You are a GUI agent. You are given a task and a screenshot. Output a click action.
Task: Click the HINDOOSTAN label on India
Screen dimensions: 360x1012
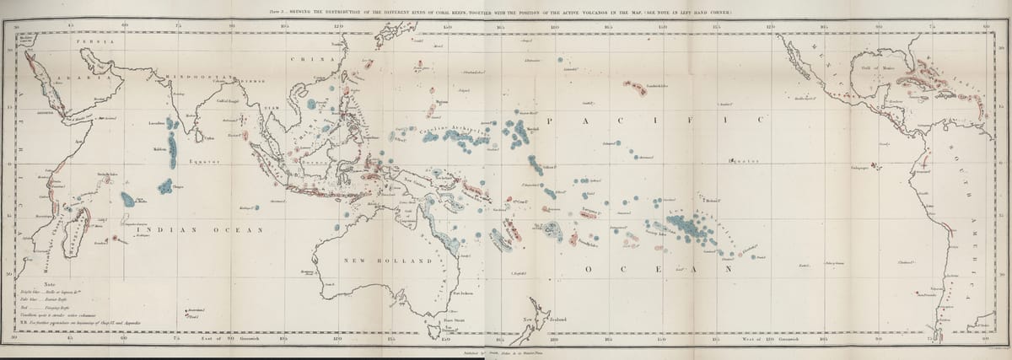click(191, 78)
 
